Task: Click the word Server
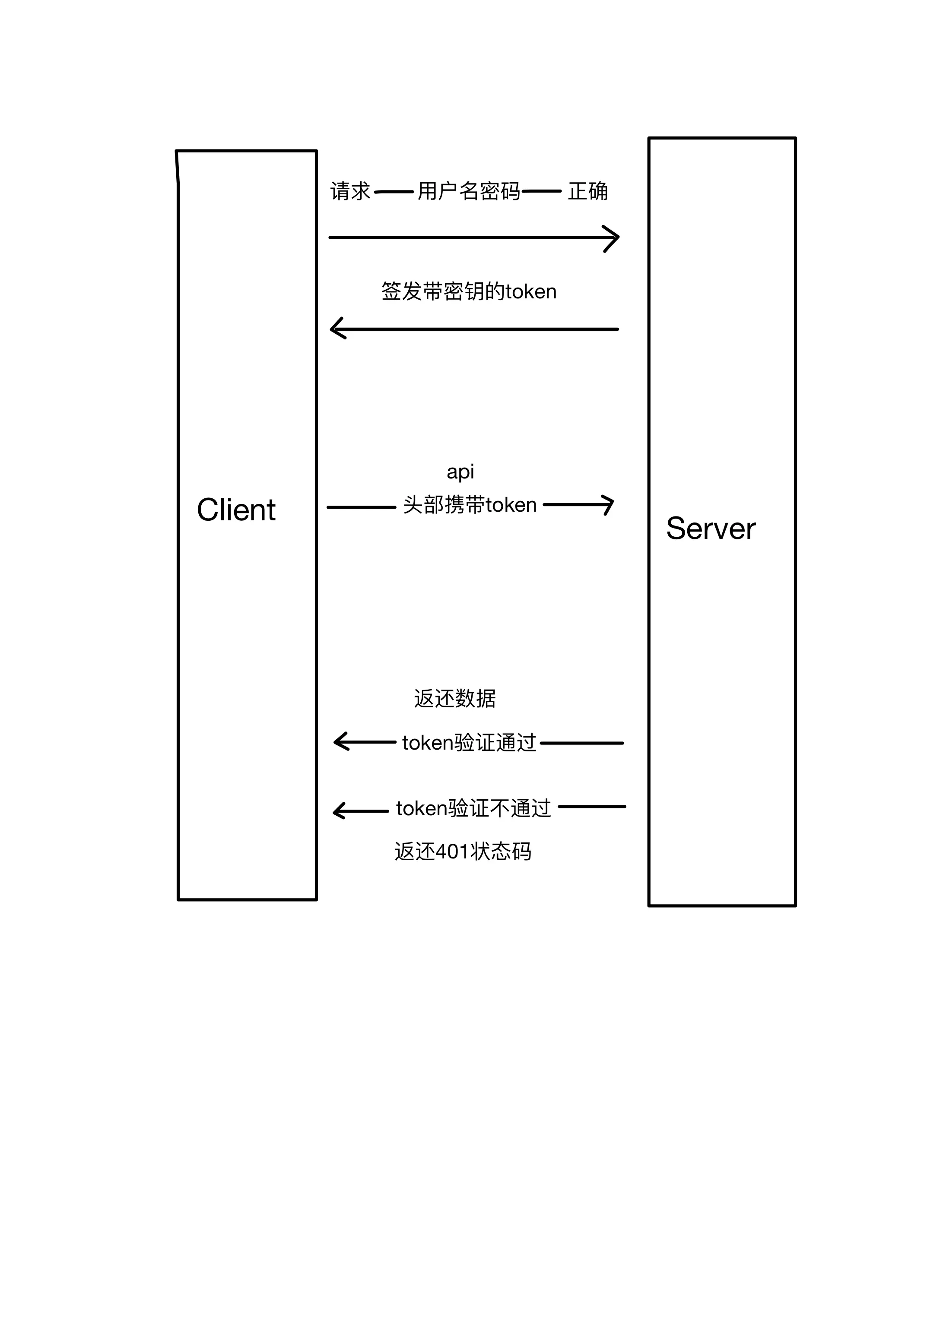(x=711, y=529)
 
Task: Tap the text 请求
(x=350, y=191)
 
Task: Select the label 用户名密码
(x=469, y=191)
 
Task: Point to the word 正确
(x=587, y=191)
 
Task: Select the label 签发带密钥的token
(x=469, y=291)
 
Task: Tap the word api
(x=460, y=472)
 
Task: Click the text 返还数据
(x=455, y=698)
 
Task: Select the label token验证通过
(x=469, y=743)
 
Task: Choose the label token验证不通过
(x=473, y=808)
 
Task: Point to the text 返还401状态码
(x=463, y=852)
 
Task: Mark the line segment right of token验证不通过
(x=592, y=807)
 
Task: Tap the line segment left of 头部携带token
(x=361, y=507)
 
